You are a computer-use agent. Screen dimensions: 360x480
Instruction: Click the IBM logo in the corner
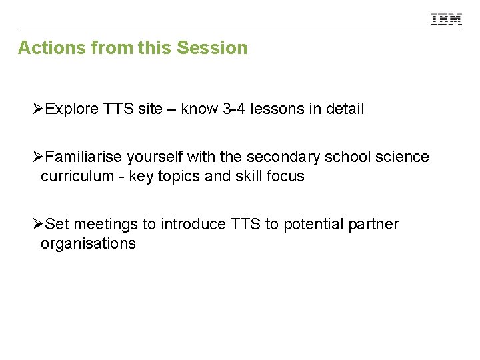447,19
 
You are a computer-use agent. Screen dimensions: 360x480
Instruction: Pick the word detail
344,109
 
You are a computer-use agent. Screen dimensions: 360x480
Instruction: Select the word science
402,157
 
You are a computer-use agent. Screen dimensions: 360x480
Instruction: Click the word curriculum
77,177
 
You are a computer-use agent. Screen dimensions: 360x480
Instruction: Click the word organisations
88,244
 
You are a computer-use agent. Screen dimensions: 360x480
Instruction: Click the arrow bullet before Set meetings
39,225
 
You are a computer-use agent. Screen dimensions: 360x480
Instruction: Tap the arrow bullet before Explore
39,109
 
